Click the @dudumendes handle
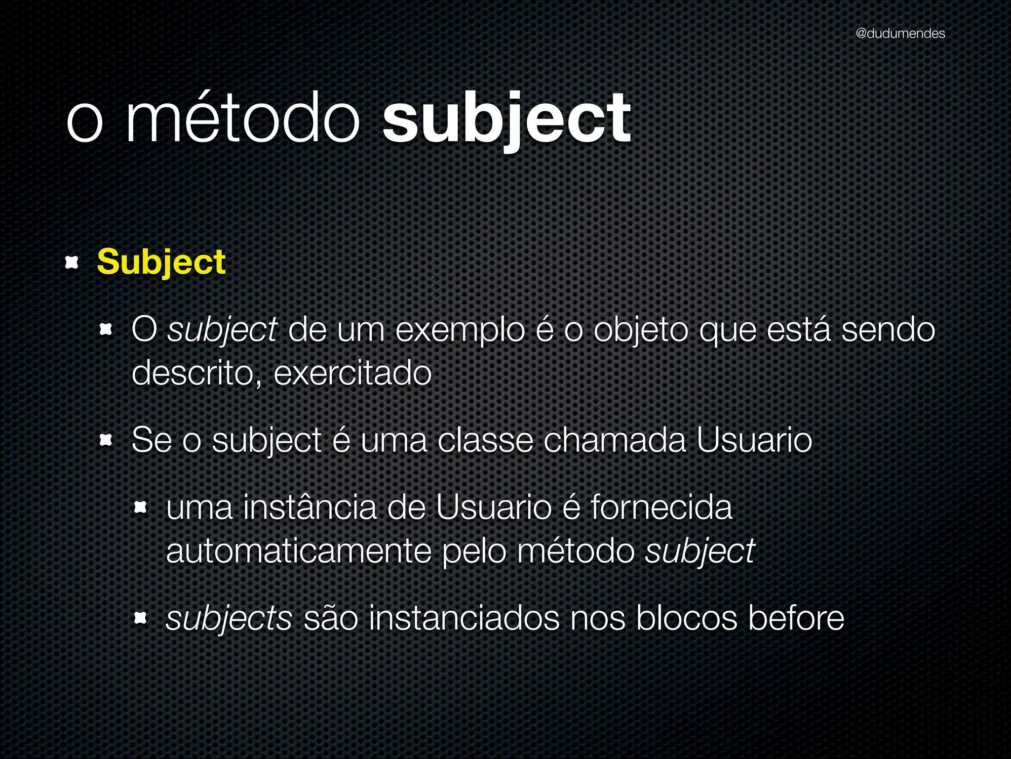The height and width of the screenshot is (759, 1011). coord(900,34)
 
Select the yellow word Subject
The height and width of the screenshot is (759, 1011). coord(161,262)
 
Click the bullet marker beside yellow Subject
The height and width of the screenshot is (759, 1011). coord(72,262)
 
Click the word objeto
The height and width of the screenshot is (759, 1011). coord(640,331)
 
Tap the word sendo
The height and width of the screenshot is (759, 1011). coord(888,330)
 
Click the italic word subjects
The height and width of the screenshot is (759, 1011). coord(229,619)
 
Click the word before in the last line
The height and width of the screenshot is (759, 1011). coord(796,618)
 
